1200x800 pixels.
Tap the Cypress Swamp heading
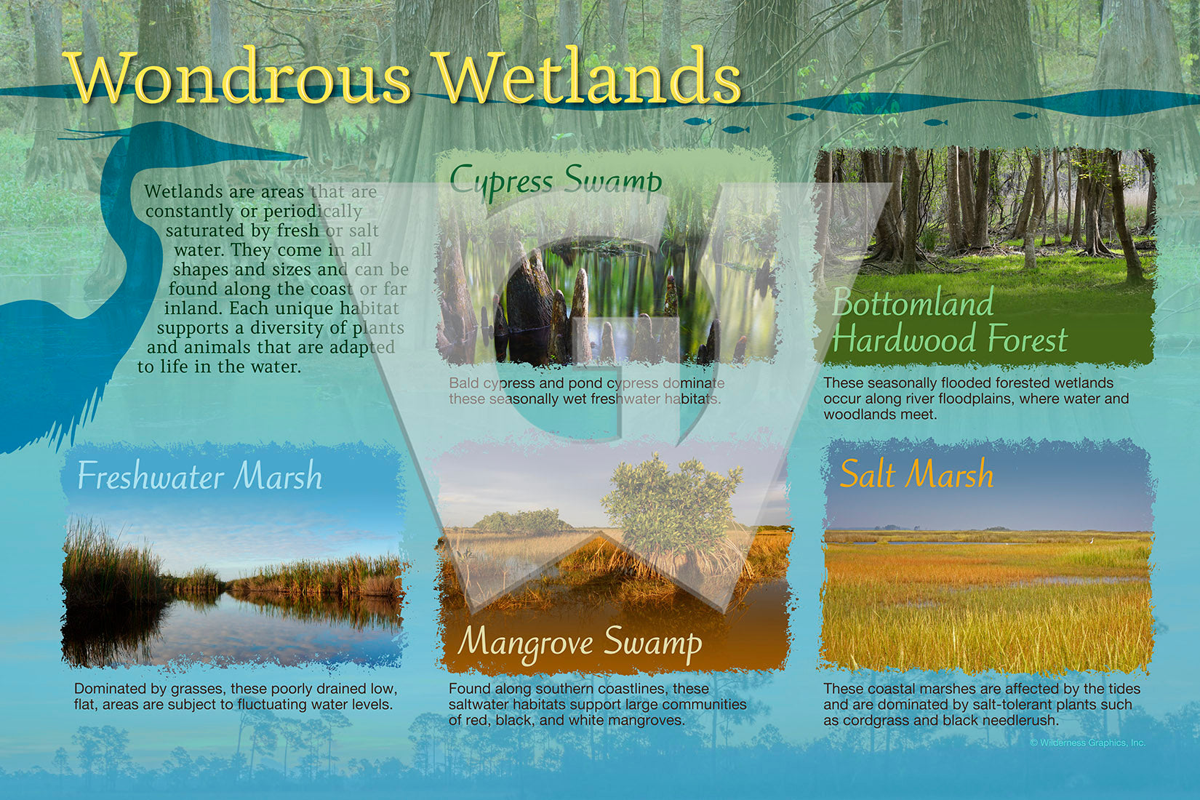(x=556, y=180)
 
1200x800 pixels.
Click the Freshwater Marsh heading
(x=200, y=476)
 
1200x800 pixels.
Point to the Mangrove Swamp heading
(x=580, y=644)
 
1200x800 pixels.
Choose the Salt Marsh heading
(x=916, y=473)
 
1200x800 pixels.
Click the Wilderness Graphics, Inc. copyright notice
(x=1087, y=743)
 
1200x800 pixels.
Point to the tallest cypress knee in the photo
(x=528, y=300)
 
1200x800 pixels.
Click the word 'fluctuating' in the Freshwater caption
(x=279, y=705)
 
